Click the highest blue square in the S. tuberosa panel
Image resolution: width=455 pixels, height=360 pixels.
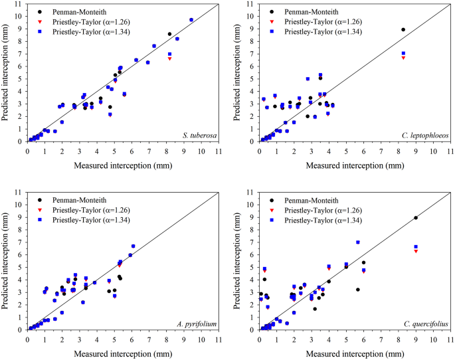[x=191, y=20]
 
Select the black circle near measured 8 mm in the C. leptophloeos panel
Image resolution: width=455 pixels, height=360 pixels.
[x=403, y=29]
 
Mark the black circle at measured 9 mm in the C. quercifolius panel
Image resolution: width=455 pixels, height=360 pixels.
[x=416, y=218]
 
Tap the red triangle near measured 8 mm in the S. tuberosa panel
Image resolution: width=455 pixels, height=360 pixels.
[x=169, y=58]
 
